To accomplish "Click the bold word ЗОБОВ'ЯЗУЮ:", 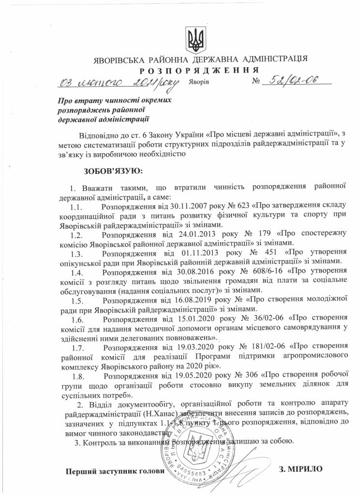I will coord(113,171).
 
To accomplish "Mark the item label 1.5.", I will coord(77,300).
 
